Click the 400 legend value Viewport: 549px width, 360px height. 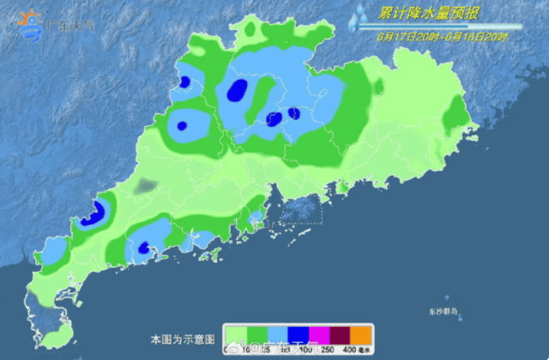348,350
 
